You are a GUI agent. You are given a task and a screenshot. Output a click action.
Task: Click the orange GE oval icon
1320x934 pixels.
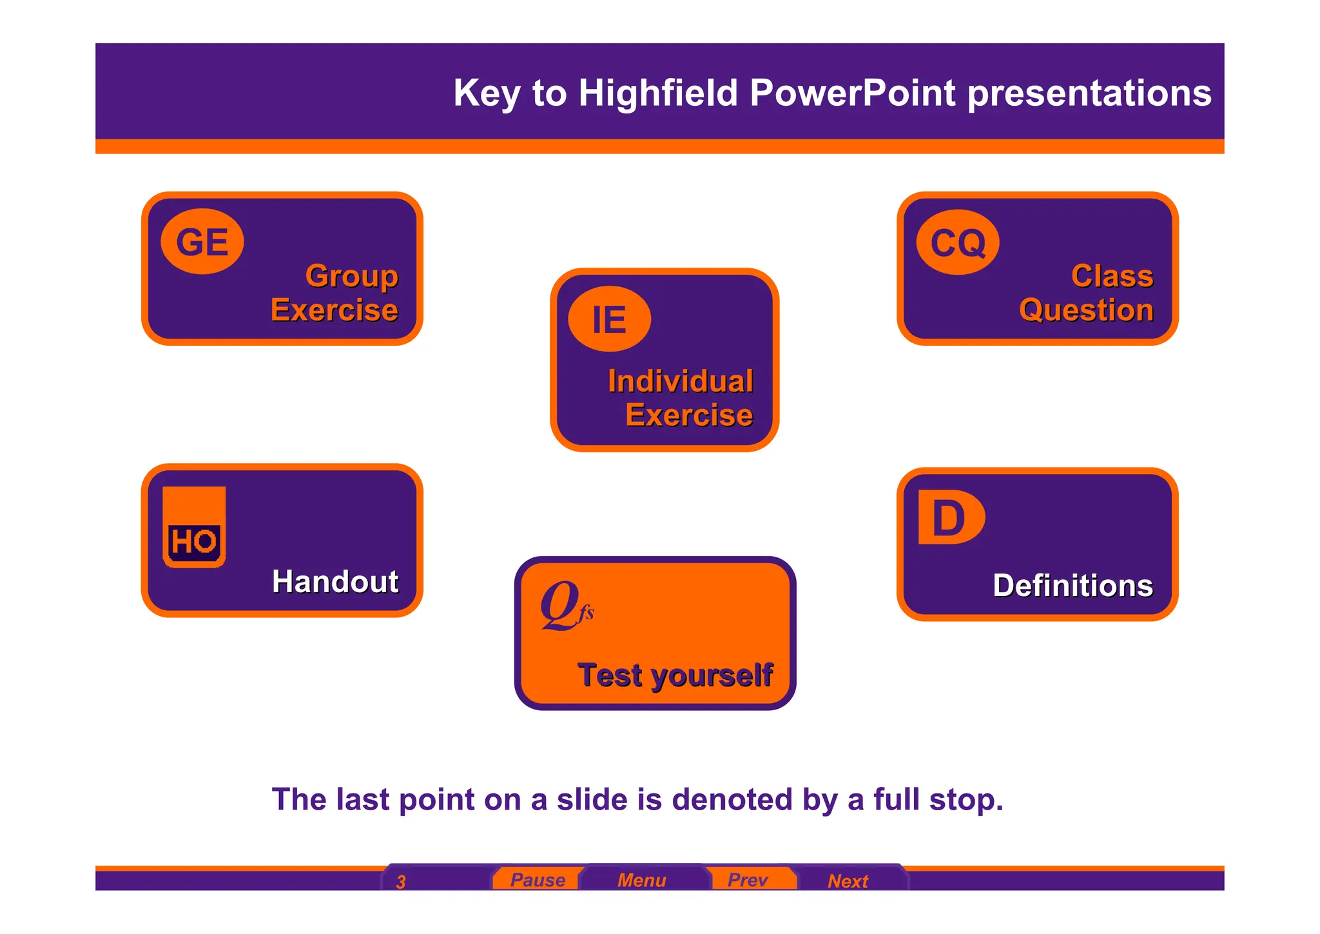(202, 242)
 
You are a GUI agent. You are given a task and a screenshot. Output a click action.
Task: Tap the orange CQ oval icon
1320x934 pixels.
(957, 243)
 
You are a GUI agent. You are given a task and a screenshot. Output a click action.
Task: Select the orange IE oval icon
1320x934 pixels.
(609, 319)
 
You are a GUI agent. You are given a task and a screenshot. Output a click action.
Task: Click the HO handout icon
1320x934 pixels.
(194, 528)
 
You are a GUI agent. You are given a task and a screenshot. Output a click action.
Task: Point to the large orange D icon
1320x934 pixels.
(950, 517)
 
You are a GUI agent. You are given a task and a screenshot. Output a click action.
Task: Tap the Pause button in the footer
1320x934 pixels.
(538, 880)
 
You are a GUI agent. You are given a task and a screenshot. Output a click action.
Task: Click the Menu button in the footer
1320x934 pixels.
(641, 880)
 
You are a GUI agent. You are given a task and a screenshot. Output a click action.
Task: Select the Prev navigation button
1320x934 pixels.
(748, 880)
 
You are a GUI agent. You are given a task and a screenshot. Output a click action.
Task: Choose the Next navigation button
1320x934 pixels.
(848, 880)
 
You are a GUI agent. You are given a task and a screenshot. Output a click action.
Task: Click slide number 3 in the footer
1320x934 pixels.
(401, 882)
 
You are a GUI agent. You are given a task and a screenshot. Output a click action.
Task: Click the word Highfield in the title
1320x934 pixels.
(657, 93)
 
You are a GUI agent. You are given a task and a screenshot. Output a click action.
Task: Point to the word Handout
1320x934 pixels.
(335, 581)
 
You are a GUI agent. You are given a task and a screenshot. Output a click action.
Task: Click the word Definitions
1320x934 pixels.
(1072, 586)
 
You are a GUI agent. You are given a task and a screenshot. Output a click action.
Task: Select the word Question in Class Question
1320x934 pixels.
(1086, 310)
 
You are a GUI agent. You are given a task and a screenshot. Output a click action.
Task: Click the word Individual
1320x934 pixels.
(681, 381)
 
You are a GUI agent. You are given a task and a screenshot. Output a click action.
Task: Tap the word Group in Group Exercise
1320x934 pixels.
(352, 276)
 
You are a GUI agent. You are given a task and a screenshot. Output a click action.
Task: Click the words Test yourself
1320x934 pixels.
(675, 675)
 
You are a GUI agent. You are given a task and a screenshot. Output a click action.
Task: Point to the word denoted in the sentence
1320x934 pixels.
(732, 800)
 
